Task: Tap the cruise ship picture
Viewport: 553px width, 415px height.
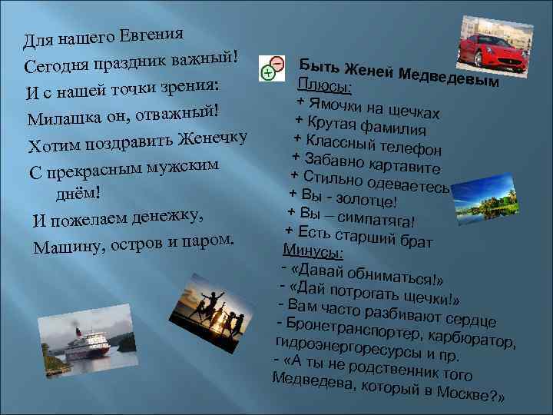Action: pyautogui.click(x=81, y=344)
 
